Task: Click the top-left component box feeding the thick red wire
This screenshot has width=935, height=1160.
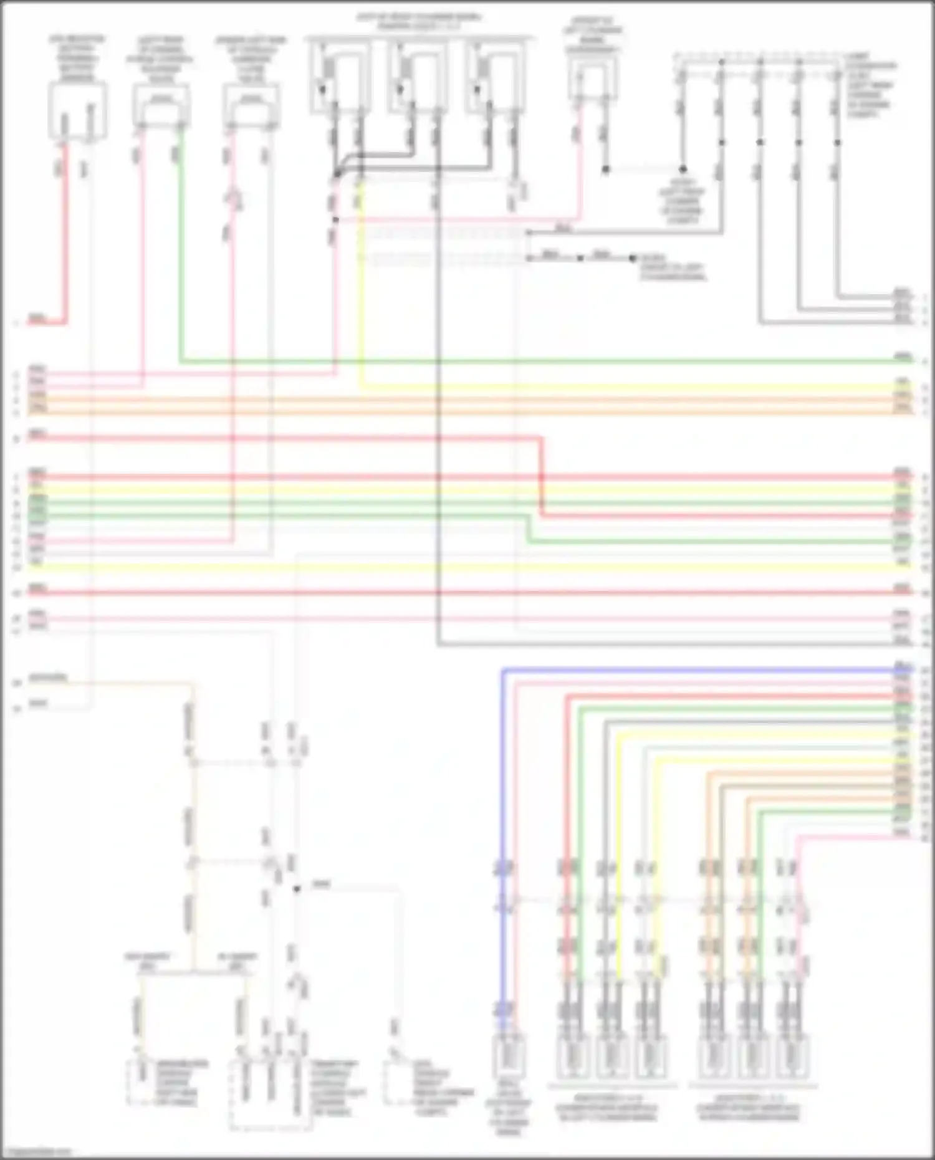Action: [77, 111]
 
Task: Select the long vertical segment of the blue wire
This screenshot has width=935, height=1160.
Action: [502, 779]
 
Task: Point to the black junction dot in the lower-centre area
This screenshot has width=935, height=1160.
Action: [297, 889]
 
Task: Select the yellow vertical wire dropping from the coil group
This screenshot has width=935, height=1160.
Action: [361, 280]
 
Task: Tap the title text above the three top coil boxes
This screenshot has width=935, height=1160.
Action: [419, 22]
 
